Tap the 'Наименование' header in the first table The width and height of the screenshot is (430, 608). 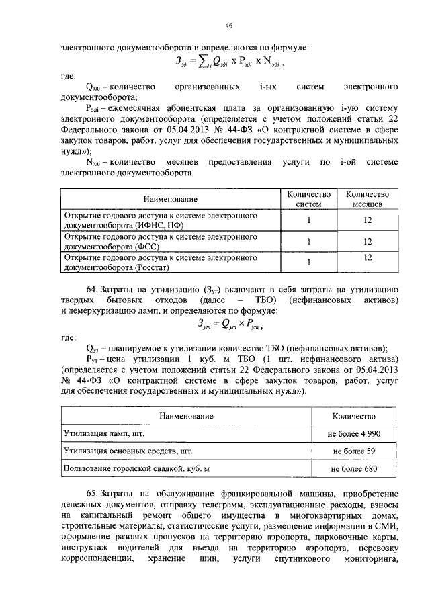click(169, 199)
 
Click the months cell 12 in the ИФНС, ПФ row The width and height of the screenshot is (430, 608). click(368, 220)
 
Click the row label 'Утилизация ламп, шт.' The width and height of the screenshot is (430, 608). click(99, 435)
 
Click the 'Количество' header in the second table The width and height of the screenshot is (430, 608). click(353, 417)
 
